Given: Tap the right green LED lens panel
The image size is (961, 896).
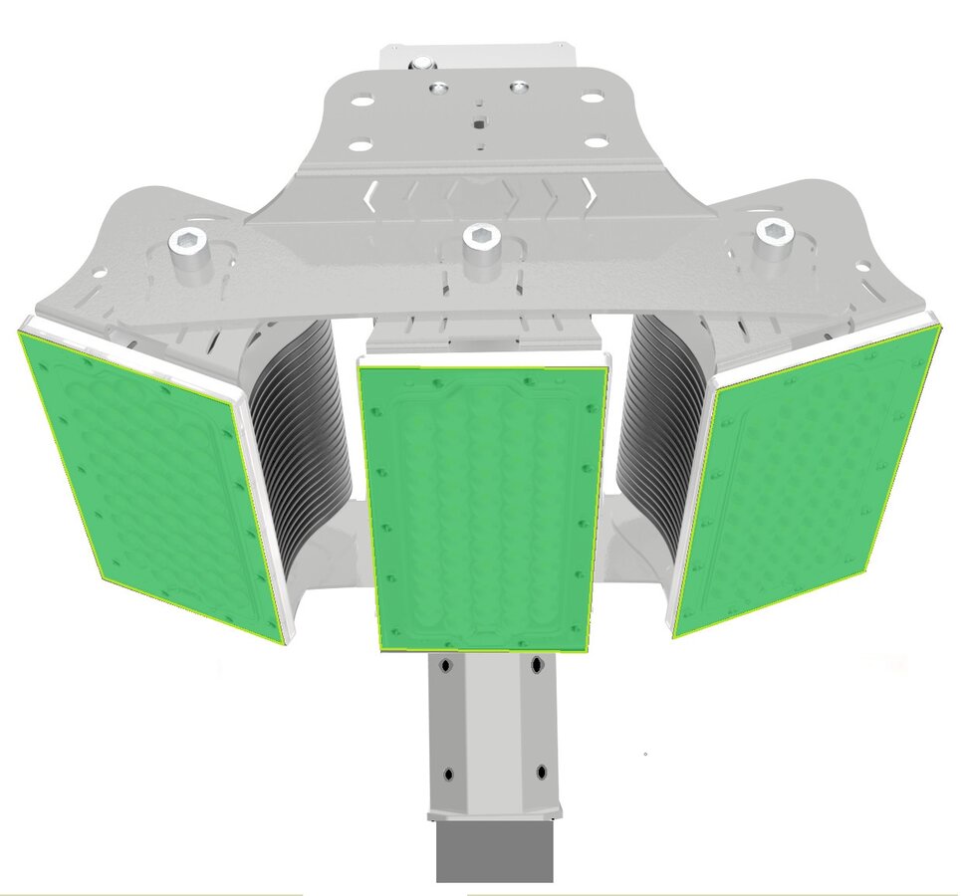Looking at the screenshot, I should [x=807, y=478].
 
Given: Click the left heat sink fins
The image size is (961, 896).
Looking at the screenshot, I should [x=299, y=418].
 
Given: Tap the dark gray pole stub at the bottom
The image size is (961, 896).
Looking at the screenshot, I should [x=494, y=852].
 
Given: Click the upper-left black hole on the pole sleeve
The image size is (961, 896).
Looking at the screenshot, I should [x=446, y=663].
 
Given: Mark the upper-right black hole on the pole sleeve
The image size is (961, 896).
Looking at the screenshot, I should [x=538, y=663].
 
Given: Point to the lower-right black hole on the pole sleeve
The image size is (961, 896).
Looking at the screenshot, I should [x=541, y=772].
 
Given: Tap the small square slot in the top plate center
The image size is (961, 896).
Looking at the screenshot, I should [x=479, y=123].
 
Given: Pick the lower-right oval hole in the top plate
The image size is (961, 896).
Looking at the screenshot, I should [x=596, y=142].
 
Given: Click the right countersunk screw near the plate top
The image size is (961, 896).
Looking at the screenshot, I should [x=517, y=88].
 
